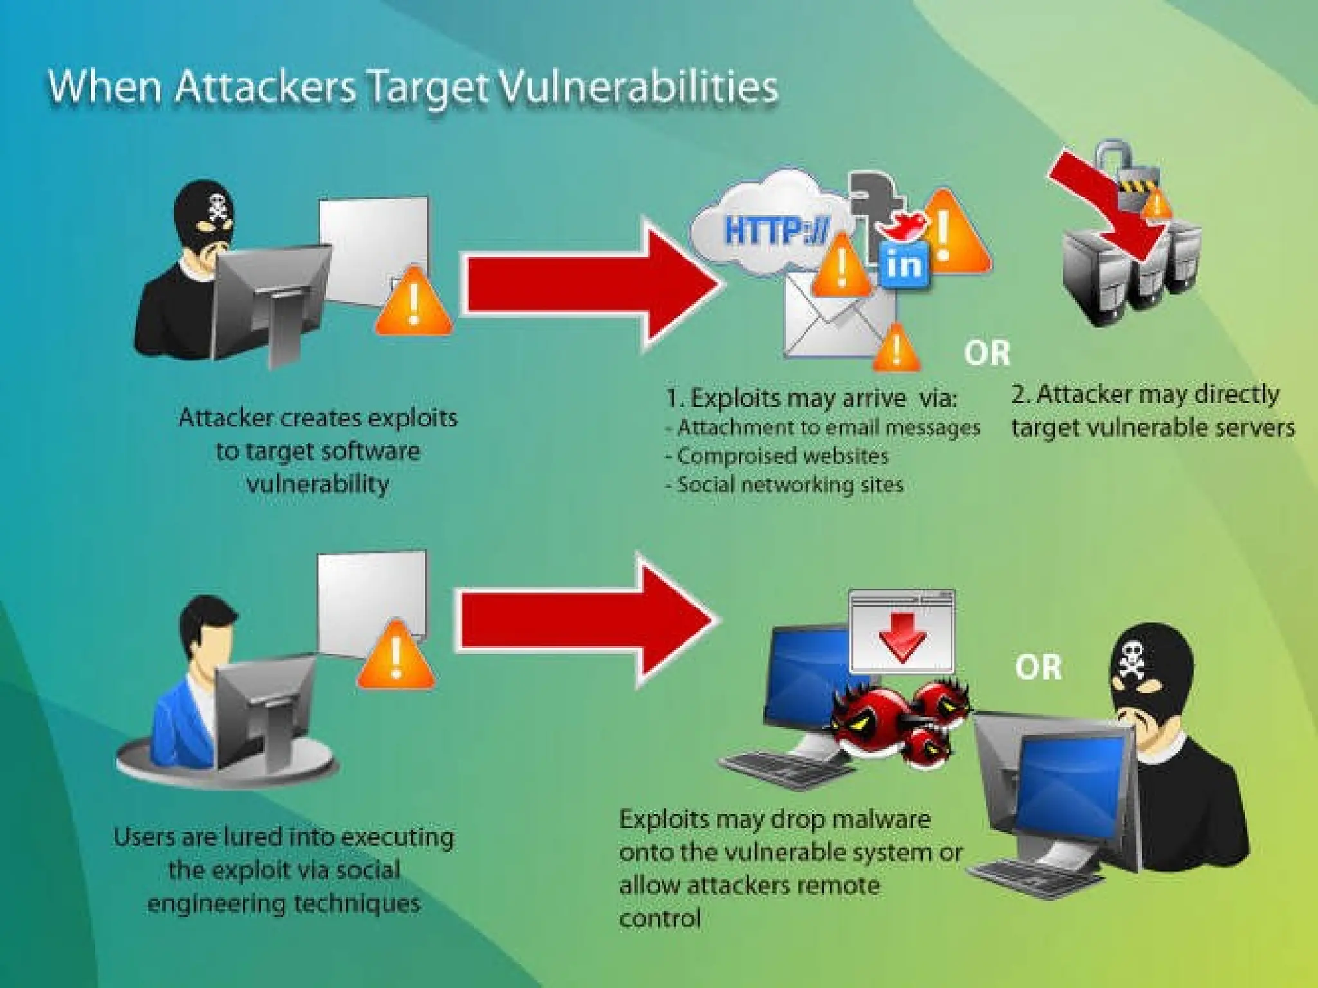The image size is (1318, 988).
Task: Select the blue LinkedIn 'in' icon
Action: coord(905,264)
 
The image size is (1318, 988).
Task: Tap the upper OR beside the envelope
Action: coord(987,353)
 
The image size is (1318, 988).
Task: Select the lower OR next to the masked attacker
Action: coord(1038,668)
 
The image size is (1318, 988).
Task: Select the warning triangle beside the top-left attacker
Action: coord(413,302)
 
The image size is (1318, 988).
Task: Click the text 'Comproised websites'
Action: coord(782,456)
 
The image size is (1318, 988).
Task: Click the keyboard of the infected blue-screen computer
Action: coord(785,769)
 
